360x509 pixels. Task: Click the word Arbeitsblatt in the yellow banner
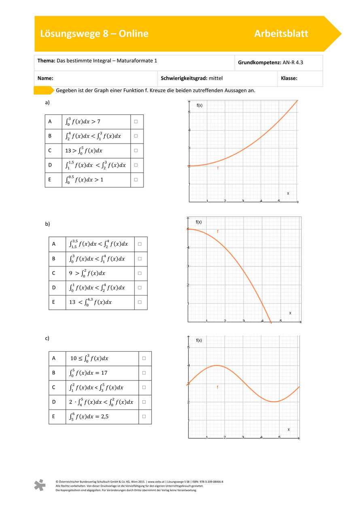(281, 34)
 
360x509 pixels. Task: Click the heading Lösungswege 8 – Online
(94, 34)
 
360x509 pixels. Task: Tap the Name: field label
(46, 79)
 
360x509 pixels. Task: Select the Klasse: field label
(289, 79)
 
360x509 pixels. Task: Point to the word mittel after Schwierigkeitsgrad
(216, 79)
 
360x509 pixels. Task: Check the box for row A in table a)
(136, 121)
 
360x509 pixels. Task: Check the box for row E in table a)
(136, 180)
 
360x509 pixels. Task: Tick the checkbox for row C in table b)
(140, 273)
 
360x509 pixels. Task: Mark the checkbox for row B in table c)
(144, 373)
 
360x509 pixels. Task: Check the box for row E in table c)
(144, 416)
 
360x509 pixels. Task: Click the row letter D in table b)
(54, 288)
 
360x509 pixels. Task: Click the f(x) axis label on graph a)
(199, 106)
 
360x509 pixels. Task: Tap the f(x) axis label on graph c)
(199, 340)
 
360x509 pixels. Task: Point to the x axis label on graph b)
(290, 313)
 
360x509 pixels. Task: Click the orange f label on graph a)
(218, 168)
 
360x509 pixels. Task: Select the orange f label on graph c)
(217, 387)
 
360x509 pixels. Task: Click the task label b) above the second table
(47, 224)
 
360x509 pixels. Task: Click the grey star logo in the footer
(39, 485)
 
